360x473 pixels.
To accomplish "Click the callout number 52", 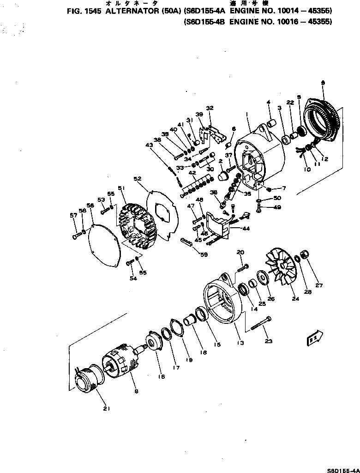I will tap(137, 178).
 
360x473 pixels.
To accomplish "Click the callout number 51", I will tap(121, 188).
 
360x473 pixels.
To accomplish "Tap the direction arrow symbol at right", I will tap(314, 339).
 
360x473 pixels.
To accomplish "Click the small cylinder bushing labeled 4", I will tap(271, 123).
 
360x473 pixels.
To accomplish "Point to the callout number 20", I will tap(240, 252).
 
